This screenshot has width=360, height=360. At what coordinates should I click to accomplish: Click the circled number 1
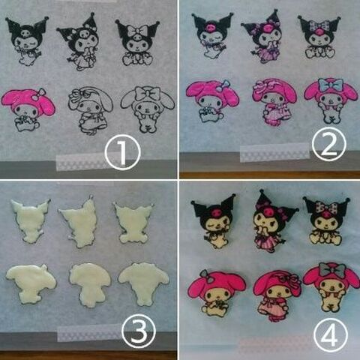pos(122,152)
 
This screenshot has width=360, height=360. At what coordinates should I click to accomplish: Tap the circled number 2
pos(329,143)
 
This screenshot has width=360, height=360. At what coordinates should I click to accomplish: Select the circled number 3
pos(139,331)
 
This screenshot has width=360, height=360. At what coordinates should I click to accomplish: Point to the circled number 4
pos(331,334)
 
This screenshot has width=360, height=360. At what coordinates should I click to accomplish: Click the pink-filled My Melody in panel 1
pos(28,109)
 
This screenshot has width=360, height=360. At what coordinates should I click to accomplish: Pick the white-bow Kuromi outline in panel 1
pos(137,43)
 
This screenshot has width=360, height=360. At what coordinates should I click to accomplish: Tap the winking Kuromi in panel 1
pos(27,40)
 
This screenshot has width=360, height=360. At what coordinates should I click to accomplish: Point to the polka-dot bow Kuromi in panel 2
pos(319,37)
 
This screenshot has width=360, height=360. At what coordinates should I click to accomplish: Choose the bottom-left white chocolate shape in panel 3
pos(31,283)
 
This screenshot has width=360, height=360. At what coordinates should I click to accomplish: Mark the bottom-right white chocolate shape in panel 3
pos(144,283)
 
